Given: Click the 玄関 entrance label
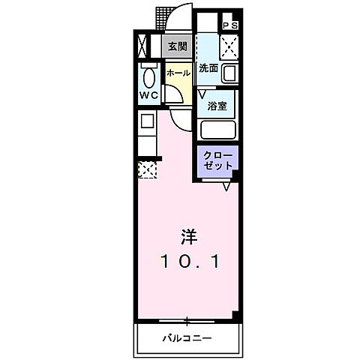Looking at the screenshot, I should pyautogui.click(x=176, y=46).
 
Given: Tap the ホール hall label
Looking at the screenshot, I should pyautogui.click(x=176, y=73).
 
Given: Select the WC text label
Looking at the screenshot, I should pyautogui.click(x=148, y=95).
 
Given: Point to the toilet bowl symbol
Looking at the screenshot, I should pyautogui.click(x=148, y=76).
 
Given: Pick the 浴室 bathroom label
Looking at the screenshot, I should pyautogui.click(x=217, y=106).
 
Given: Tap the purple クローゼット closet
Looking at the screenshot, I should pyautogui.click(x=217, y=160).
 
